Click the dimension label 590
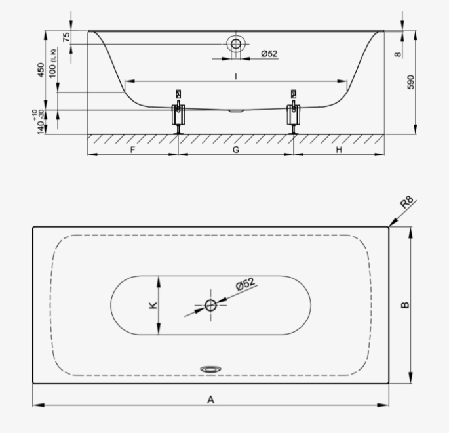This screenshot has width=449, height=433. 410,82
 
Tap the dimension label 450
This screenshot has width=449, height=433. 41,70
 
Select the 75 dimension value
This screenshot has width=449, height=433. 66,37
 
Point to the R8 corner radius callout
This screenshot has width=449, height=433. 407,202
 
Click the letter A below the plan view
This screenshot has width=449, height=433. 210,399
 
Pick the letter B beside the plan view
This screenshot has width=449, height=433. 405,305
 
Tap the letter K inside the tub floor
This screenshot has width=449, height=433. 153,305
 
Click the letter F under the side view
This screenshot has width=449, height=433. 132,150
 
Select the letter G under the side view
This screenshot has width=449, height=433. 236,150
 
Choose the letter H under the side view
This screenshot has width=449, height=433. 339,150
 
